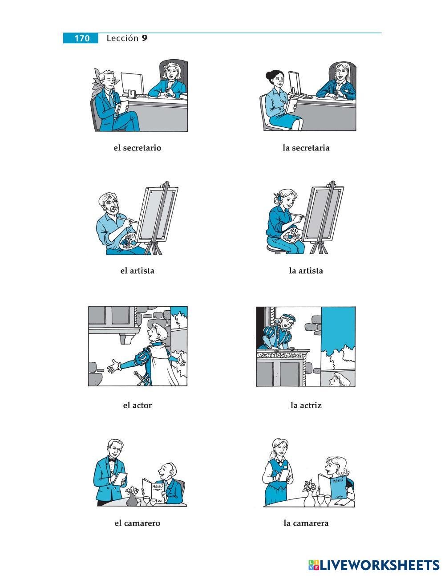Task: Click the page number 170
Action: (x=82, y=38)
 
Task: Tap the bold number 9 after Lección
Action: (x=144, y=38)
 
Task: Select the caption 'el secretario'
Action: (x=137, y=148)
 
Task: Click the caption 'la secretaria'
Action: (x=306, y=148)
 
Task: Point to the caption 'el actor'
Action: (x=137, y=406)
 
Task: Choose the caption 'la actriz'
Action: (x=306, y=406)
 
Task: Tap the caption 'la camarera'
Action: (x=306, y=523)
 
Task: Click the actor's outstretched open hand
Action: (x=113, y=366)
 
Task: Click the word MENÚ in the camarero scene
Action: (x=158, y=487)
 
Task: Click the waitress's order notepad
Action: (x=284, y=475)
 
